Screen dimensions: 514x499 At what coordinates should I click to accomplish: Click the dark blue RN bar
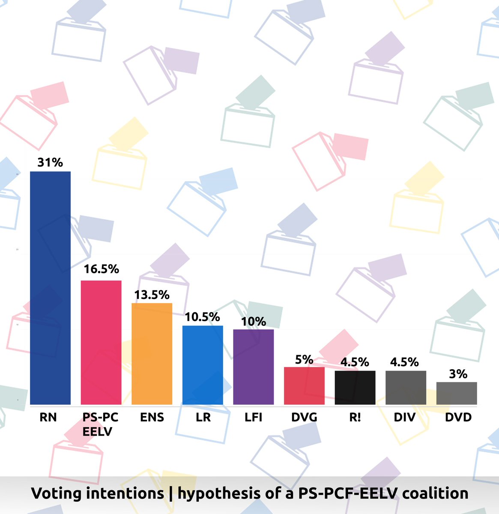[x=50, y=288]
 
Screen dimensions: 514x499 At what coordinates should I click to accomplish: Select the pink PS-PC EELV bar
[x=101, y=342]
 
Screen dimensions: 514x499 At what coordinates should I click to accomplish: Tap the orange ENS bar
[x=152, y=354]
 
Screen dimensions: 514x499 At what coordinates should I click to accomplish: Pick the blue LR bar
[x=203, y=365]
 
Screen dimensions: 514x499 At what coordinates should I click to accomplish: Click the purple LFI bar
[x=253, y=367]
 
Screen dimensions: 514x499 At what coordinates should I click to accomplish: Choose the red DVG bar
[x=304, y=385]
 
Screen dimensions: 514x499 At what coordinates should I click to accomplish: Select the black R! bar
[x=355, y=388]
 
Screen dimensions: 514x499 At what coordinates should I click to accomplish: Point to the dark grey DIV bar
[x=406, y=388]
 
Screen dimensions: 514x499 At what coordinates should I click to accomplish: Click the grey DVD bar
[x=456, y=393]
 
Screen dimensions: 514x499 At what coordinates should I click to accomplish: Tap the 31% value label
[x=50, y=163]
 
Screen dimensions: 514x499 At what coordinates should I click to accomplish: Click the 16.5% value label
[x=101, y=269]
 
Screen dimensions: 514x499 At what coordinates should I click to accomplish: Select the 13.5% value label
[x=152, y=295]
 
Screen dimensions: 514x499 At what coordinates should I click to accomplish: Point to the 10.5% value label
[x=203, y=317]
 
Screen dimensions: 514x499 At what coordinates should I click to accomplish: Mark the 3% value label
[x=458, y=374]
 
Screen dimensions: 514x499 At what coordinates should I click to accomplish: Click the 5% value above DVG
[x=304, y=360]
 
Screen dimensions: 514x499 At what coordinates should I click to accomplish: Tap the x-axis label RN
[x=48, y=417]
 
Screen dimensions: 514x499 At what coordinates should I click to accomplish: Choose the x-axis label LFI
[x=253, y=417]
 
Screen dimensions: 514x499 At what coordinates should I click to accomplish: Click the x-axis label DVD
[x=458, y=417]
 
